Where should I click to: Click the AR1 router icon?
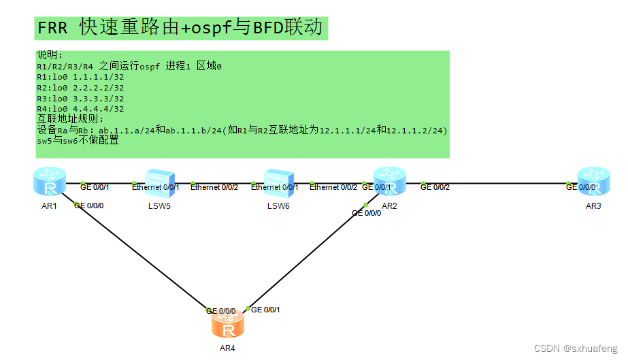[x=49, y=182]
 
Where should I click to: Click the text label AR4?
[x=228, y=348]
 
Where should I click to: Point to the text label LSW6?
[x=278, y=206]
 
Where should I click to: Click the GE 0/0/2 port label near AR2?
[x=435, y=187]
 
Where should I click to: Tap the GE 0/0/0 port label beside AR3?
[x=580, y=187]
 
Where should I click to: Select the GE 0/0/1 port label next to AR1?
[x=95, y=187]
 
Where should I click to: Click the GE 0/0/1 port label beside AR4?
[x=265, y=310]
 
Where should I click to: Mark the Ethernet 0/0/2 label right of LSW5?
[x=214, y=187]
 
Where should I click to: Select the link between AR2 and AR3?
[x=503, y=183]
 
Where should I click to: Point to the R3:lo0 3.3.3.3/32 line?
[x=80, y=98]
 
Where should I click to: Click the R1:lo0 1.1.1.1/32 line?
[x=80, y=77]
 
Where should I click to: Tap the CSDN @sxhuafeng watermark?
[x=576, y=348]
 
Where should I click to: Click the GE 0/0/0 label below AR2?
[x=366, y=213]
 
